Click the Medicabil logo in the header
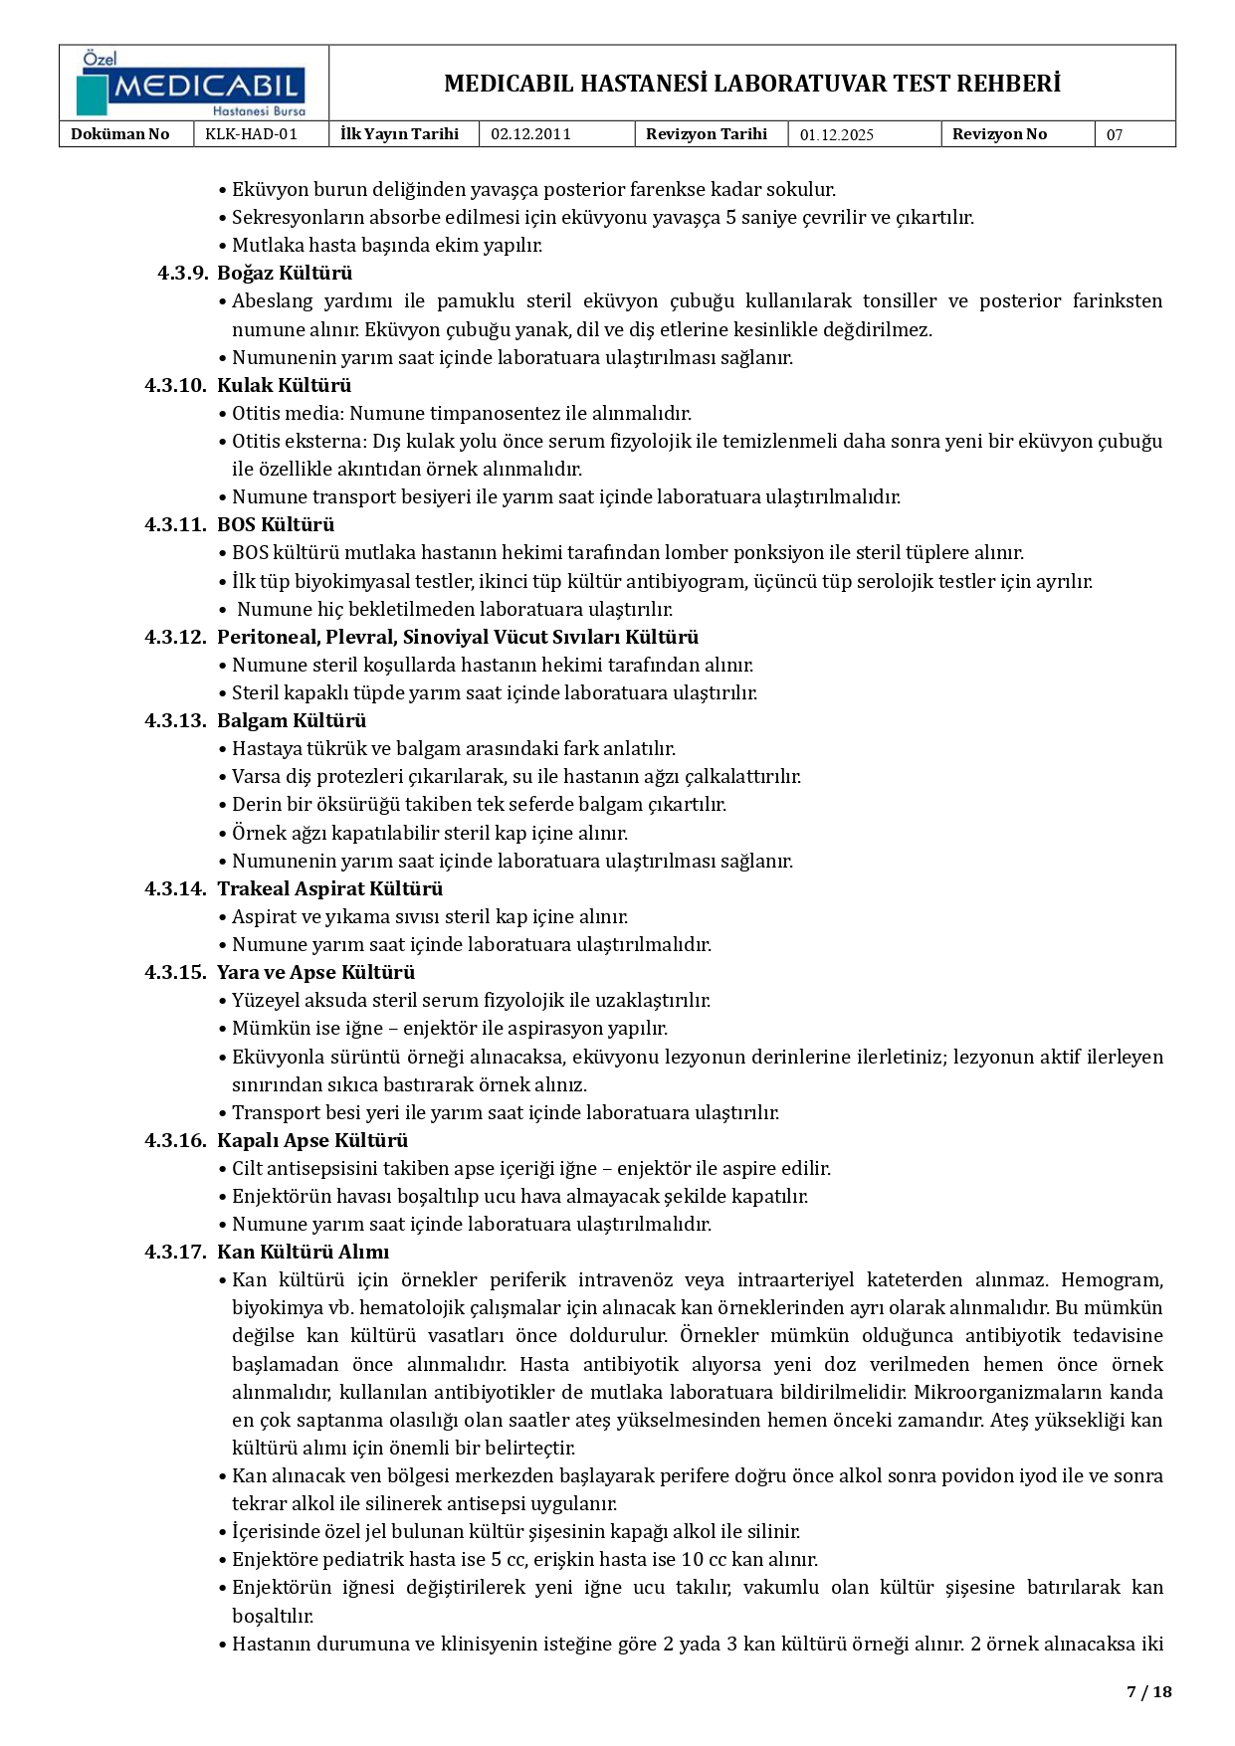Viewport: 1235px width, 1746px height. tap(193, 85)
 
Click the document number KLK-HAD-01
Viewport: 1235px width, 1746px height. tap(251, 134)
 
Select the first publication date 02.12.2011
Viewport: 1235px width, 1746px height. tap(530, 134)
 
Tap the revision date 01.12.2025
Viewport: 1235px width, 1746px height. tap(836, 135)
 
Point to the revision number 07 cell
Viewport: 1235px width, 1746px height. tap(1115, 135)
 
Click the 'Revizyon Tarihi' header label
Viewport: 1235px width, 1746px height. tap(706, 134)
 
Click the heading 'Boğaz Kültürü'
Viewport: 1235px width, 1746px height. tap(285, 273)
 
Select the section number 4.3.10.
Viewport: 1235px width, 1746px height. tap(175, 385)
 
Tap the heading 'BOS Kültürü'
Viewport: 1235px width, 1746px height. tap(276, 524)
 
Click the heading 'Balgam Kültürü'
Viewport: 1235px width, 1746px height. tap(292, 720)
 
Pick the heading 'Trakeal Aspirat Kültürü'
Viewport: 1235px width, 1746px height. tap(329, 888)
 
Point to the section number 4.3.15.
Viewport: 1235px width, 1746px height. tap(175, 972)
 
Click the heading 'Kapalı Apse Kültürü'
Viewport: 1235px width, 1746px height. tap(312, 1140)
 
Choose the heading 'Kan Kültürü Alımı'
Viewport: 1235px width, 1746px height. tap(303, 1252)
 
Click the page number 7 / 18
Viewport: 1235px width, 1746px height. tap(1148, 1691)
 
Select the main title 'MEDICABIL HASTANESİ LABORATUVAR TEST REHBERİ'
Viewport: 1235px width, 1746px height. tap(751, 84)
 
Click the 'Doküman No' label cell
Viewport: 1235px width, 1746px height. tap(120, 134)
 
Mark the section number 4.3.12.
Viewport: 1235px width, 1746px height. tap(175, 637)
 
